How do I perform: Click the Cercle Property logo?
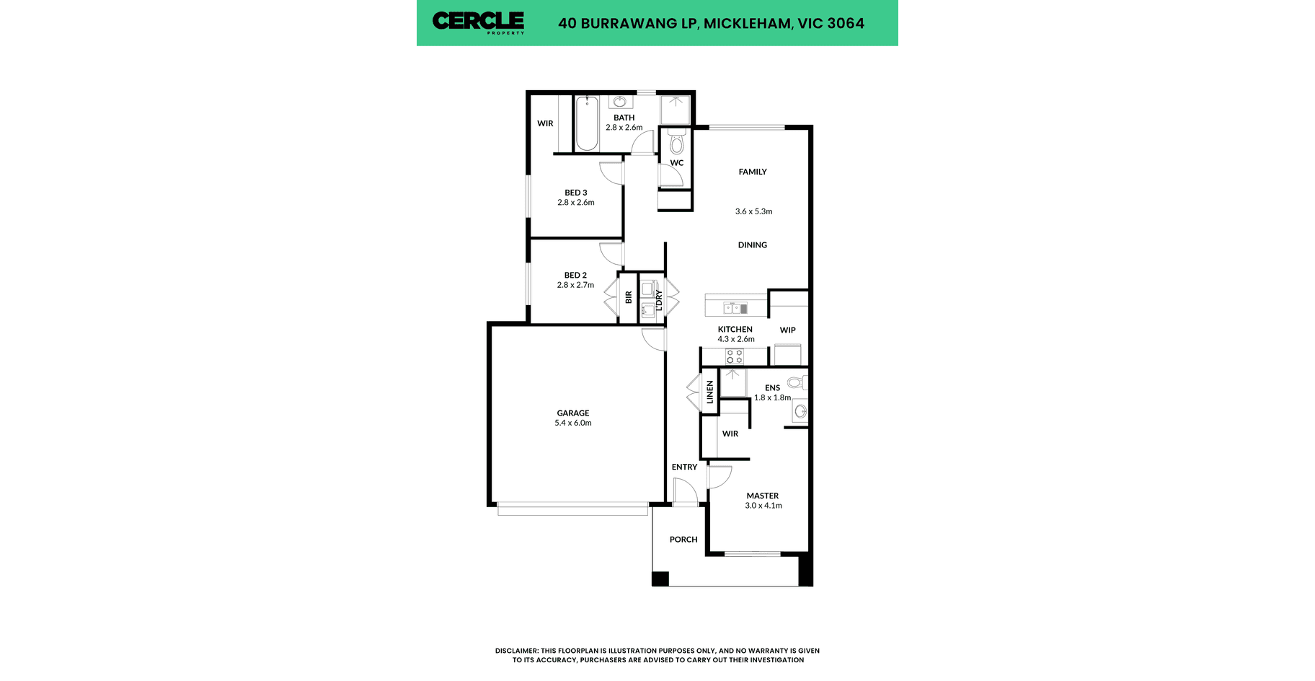478,22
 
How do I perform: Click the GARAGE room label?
573,413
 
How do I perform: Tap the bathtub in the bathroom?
587,123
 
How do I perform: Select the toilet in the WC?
676,142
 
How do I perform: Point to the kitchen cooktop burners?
735,356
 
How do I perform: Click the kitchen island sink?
735,308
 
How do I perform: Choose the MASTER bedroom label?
763,496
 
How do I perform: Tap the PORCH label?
683,540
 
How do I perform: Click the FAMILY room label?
753,172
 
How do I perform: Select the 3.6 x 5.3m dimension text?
753,211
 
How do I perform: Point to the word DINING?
753,245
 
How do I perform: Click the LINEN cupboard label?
709,392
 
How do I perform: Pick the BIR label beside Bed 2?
629,297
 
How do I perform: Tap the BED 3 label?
576,193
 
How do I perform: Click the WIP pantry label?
788,330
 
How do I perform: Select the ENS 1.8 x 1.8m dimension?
773,397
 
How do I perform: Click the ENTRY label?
684,467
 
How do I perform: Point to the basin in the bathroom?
620,102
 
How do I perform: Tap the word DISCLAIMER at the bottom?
516,651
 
